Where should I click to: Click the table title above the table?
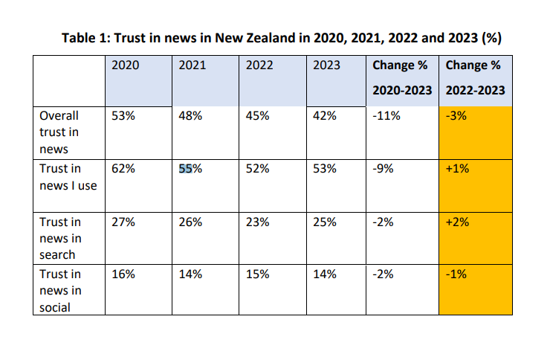pyautogui.click(x=282, y=38)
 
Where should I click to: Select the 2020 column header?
pyautogui.click(x=125, y=65)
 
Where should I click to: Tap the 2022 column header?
pyautogui.click(x=259, y=65)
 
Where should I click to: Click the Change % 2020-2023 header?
pyautogui.click(x=402, y=77)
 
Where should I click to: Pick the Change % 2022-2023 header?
pyautogui.click(x=475, y=77)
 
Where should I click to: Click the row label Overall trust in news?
pyautogui.click(x=59, y=132)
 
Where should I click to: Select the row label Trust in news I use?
pyautogui.click(x=68, y=177)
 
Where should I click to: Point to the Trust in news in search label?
pyautogui.click(x=60, y=238)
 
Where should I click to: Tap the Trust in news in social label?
pyautogui.click(x=60, y=291)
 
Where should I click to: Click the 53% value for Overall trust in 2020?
pyautogui.click(x=123, y=116)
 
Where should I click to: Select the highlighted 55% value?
pyautogui.click(x=190, y=169)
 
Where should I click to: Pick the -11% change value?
pyautogui.click(x=386, y=116)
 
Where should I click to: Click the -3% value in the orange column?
pyautogui.click(x=456, y=116)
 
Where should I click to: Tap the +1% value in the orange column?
pyautogui.click(x=457, y=169)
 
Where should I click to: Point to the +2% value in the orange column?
pyautogui.click(x=457, y=222)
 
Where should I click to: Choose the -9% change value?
pyautogui.click(x=383, y=169)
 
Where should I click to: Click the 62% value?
pyautogui.click(x=123, y=169)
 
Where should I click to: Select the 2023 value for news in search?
pyautogui.click(x=325, y=222)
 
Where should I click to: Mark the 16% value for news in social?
pyautogui.click(x=123, y=274)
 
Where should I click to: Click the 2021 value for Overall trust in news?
pyautogui.click(x=190, y=116)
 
